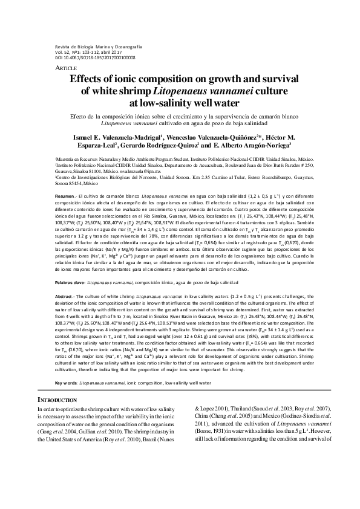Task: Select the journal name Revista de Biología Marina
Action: pos(85,47)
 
